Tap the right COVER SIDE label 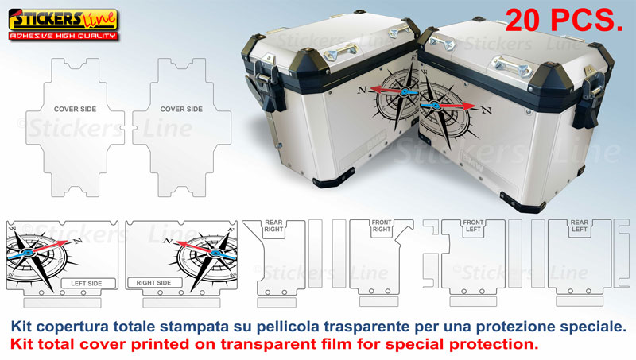pyautogui.click(x=181, y=109)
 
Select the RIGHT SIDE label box pyautogui.click(x=153, y=283)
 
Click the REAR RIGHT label pyautogui.click(x=273, y=226)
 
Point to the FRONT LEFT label pyautogui.click(x=474, y=226)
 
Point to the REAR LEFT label pyautogui.click(x=580, y=226)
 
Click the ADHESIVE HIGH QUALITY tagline pyautogui.click(x=63, y=36)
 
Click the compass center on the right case pyautogui.click(x=435, y=106)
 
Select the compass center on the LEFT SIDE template pyautogui.click(x=27, y=253)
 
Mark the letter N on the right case pyautogui.click(x=487, y=109)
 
